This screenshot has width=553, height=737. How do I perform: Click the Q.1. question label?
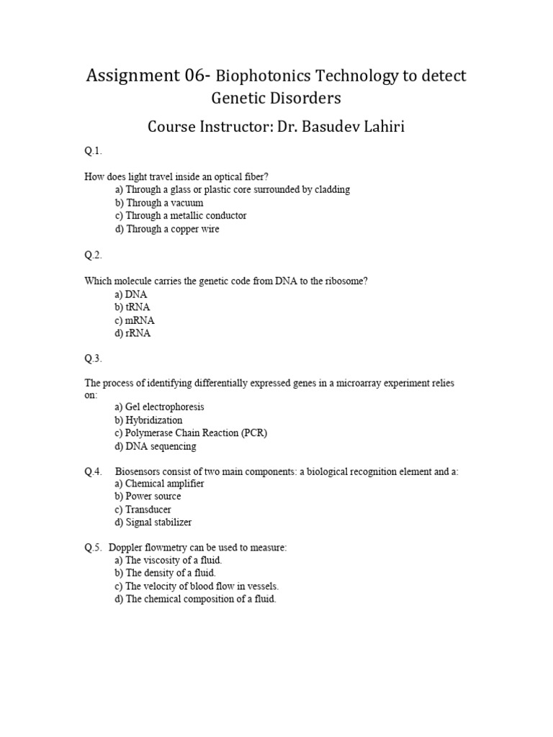click(x=94, y=151)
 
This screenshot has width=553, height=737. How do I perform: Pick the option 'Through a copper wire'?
click(x=166, y=229)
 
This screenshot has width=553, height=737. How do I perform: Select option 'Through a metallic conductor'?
click(x=180, y=216)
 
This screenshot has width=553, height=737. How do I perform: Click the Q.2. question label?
click(x=94, y=255)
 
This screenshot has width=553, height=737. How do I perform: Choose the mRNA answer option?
click(x=134, y=320)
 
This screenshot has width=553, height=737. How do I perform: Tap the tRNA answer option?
click(x=132, y=307)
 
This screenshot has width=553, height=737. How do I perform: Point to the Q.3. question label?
click(x=94, y=358)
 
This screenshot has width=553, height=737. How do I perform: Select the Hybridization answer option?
click(x=148, y=420)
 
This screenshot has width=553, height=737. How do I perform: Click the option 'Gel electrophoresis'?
click(x=158, y=407)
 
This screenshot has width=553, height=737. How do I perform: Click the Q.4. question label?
click(x=94, y=472)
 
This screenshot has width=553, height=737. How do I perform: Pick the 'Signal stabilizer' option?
click(x=153, y=523)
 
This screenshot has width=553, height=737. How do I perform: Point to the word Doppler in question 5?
click(x=127, y=548)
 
